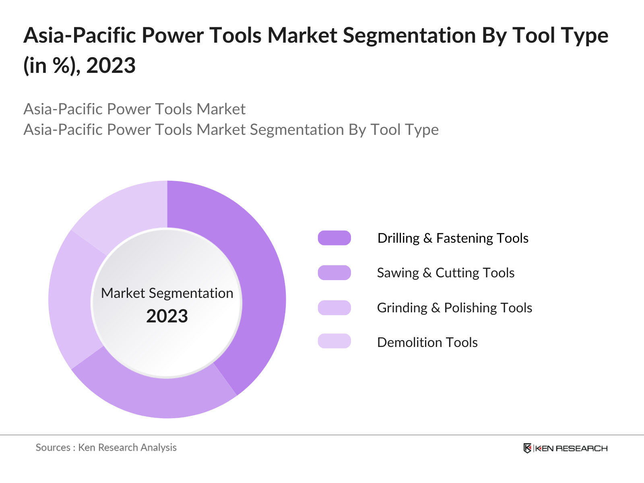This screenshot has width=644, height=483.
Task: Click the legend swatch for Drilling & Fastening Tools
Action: click(x=334, y=238)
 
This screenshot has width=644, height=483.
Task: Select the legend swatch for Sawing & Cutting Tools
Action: click(x=334, y=272)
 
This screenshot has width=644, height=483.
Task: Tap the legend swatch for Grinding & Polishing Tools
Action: click(x=334, y=308)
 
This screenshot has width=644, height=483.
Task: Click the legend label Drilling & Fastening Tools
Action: click(x=453, y=238)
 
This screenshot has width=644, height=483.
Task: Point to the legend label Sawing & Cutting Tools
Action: click(x=446, y=272)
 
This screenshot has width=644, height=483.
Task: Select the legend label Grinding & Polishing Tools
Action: click(x=454, y=308)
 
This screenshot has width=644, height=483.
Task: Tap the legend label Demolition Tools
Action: click(x=427, y=342)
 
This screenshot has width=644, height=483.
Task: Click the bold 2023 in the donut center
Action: click(x=167, y=316)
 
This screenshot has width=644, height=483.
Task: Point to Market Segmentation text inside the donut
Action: click(x=167, y=293)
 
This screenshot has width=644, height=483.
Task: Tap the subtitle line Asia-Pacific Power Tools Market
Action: click(x=134, y=109)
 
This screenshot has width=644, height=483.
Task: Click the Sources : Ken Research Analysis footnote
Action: click(x=106, y=447)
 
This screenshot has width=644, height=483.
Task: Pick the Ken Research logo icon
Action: click(x=527, y=448)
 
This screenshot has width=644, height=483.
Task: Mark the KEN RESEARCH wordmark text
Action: click(x=571, y=448)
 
